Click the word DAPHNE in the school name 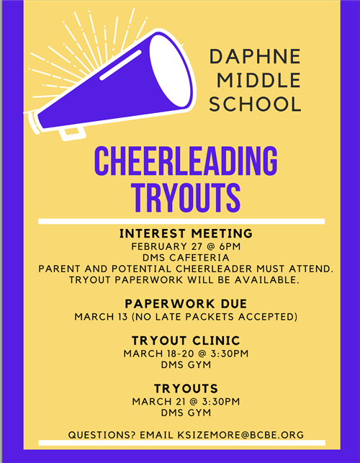pyautogui.click(x=255, y=57)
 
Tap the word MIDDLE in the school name pyautogui.click(x=259, y=81)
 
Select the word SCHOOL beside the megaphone pyautogui.click(x=255, y=104)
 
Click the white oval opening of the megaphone pyautogui.click(x=170, y=71)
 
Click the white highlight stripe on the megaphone pyautogui.click(x=120, y=66)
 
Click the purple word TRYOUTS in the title pyautogui.click(x=186, y=197)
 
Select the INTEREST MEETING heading pyautogui.click(x=186, y=233)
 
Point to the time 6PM pyautogui.click(x=230, y=246)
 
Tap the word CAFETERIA pyautogui.click(x=199, y=258)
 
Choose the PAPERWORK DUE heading pyautogui.click(x=186, y=304)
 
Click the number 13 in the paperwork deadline pyautogui.click(x=122, y=317)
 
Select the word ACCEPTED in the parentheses pyautogui.click(x=268, y=317)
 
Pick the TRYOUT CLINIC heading pyautogui.click(x=186, y=341)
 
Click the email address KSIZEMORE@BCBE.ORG pyautogui.click(x=240, y=435)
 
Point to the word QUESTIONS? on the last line pyautogui.click(x=102, y=435)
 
